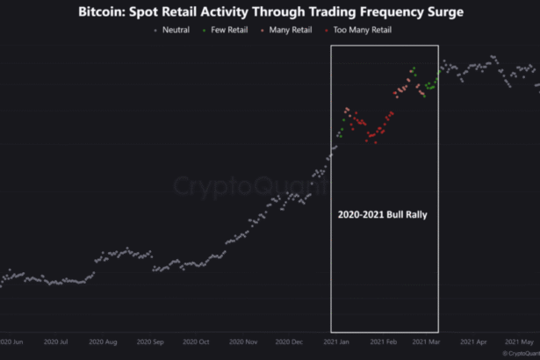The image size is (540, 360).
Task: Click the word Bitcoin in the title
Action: [104, 13]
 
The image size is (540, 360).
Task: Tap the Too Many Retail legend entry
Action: [361, 30]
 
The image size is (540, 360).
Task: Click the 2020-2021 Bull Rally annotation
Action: [382, 214]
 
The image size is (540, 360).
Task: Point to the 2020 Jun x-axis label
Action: [11, 342]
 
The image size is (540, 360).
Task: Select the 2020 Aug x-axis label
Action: [104, 342]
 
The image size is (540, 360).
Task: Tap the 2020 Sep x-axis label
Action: [152, 342]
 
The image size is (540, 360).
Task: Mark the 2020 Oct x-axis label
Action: [198, 342]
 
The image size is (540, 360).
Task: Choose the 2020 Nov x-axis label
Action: [244, 342]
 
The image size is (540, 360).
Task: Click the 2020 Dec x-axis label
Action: [291, 342]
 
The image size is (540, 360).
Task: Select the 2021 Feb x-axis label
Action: [384, 342]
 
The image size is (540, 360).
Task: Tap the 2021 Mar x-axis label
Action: [427, 342]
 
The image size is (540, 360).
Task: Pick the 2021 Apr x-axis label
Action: [473, 342]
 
